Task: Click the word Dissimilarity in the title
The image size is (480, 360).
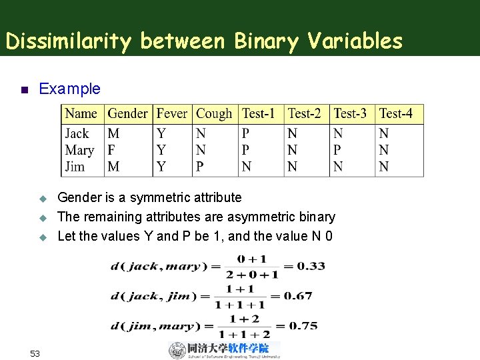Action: coord(70,41)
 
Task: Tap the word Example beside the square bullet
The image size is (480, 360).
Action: coord(70,89)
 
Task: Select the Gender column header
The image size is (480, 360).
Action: coord(127,114)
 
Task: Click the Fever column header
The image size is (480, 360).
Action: coord(172,114)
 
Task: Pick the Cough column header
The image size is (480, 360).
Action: coord(215,114)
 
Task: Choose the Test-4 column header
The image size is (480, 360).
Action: coord(396,114)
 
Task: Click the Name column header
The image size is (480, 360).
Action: coord(81,114)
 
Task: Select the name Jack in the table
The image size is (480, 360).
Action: coord(77,134)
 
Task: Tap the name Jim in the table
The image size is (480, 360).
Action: coord(75,167)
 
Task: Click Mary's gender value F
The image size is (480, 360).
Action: coord(112,151)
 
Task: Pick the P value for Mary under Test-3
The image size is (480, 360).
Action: coord(338,151)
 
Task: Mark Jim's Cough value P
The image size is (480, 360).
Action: coord(201,167)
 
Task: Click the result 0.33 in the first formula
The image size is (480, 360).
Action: coord(311,266)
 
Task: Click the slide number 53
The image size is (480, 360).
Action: coord(36,353)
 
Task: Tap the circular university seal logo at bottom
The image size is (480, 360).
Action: coord(177,351)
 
